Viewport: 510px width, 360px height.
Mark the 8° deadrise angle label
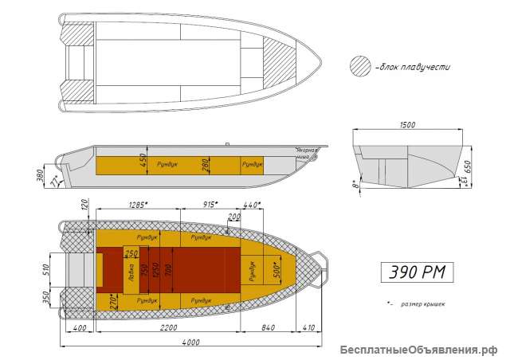(355, 187)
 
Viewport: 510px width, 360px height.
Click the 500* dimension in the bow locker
(276, 271)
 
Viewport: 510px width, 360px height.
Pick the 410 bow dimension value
(309, 328)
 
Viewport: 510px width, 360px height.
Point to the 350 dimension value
(45, 298)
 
